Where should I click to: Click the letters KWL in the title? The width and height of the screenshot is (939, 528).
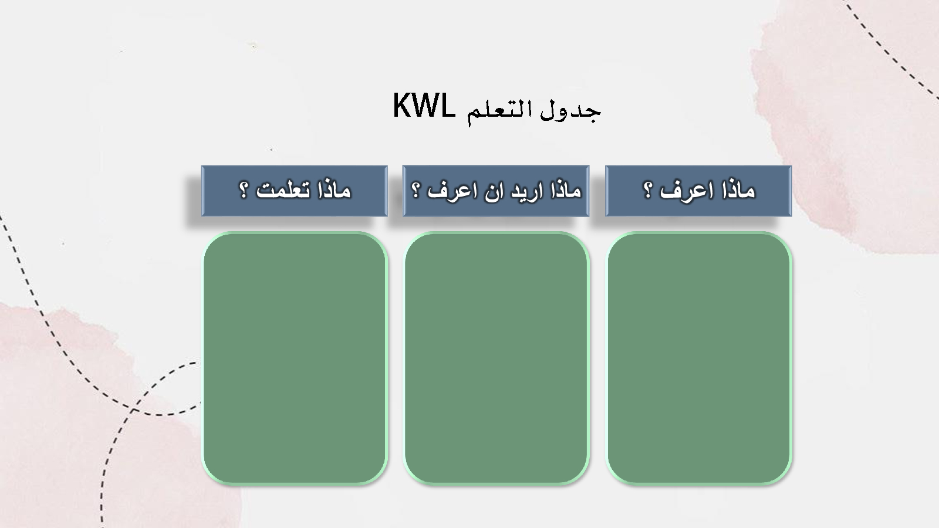[x=424, y=106]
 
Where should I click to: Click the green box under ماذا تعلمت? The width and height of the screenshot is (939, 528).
[x=295, y=358]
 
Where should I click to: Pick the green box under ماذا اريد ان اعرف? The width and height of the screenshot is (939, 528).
[x=496, y=358]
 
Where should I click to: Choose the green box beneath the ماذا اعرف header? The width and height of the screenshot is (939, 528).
[x=699, y=358]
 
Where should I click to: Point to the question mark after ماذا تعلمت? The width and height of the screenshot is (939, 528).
[x=244, y=190]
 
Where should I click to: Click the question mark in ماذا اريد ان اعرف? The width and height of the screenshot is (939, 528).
[x=416, y=190]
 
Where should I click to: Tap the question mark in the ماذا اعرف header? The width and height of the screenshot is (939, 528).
[x=648, y=190]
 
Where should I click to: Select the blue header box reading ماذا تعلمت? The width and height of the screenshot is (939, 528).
[x=294, y=191]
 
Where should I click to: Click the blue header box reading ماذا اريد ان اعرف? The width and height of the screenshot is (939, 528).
[x=496, y=191]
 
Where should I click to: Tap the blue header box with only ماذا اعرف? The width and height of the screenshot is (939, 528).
[x=698, y=191]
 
